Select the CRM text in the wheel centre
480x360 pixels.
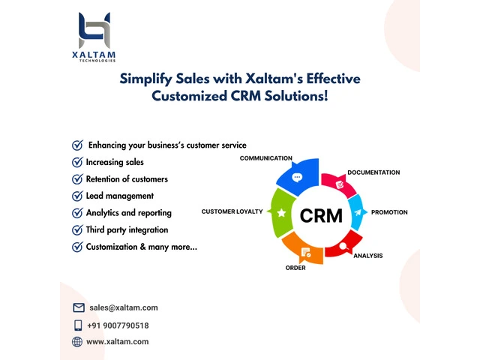point(320,216)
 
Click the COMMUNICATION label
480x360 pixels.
point(265,158)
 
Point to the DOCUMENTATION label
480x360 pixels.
point(373,172)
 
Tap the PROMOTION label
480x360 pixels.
point(389,212)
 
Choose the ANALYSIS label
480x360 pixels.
point(367,256)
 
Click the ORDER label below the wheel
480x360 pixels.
point(295,268)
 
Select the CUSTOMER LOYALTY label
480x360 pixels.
point(232,211)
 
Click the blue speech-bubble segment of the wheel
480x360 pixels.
point(298,178)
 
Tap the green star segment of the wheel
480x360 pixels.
point(280,213)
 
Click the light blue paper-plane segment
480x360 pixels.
point(357,212)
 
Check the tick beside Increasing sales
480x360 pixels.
point(76,162)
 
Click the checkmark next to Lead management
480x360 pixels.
point(76,196)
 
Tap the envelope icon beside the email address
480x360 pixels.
point(78,307)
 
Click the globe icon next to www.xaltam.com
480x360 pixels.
point(77,342)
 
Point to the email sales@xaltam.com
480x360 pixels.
point(123,307)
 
